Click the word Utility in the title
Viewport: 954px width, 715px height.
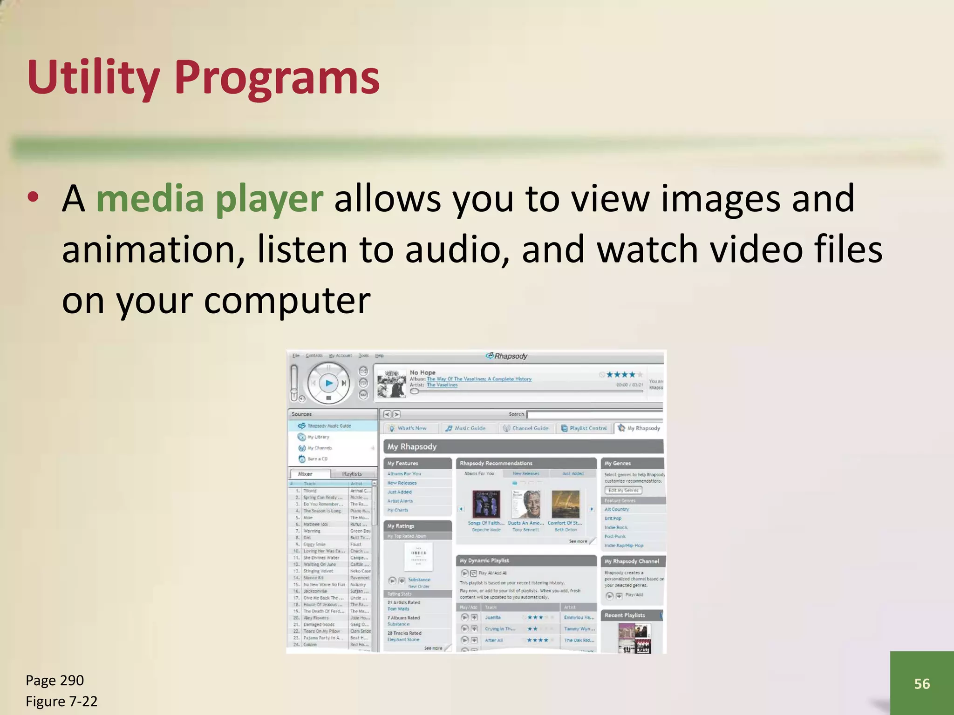point(93,78)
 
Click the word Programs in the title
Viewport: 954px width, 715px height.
point(277,78)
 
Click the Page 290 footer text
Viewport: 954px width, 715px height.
point(55,680)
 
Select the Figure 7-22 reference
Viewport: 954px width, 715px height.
point(61,701)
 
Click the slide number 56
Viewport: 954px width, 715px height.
point(922,683)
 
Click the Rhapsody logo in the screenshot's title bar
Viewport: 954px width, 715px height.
point(507,356)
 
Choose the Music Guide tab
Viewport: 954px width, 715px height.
point(466,428)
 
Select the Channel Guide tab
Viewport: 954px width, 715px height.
point(526,428)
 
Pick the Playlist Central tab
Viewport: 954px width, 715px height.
point(585,428)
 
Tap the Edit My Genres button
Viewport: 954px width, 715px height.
point(623,490)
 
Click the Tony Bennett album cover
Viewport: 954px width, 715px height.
point(526,505)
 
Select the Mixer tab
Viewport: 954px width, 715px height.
point(306,474)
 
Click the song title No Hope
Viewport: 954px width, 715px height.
point(422,372)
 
